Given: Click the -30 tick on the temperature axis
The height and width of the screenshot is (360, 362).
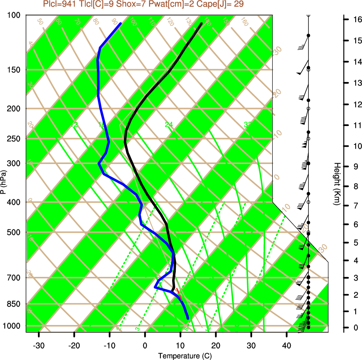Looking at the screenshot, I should (39, 346).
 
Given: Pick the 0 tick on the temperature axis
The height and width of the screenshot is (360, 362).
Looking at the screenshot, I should (145, 346).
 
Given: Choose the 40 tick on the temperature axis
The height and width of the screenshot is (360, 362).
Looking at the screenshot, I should (286, 346).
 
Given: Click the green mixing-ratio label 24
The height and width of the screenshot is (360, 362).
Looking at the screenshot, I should (169, 125).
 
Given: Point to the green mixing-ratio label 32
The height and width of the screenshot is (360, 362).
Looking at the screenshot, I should (247, 125).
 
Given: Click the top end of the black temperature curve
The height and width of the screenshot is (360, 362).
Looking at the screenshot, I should (202, 23).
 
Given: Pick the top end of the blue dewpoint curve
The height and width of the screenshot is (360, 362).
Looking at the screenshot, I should (121, 23).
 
